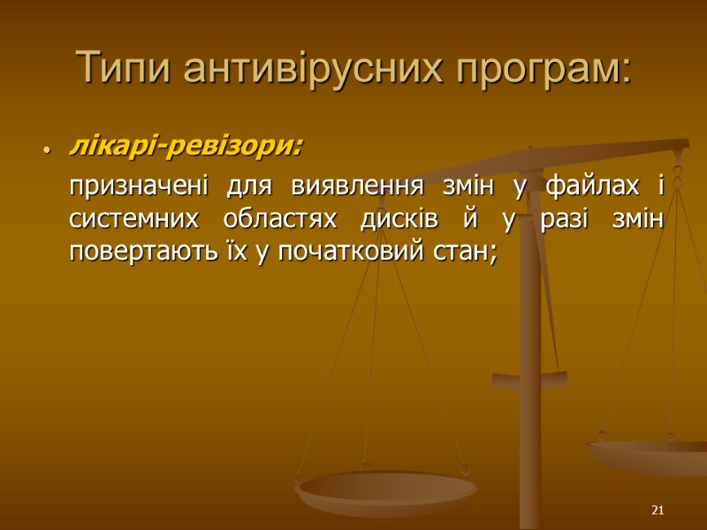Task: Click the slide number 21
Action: [x=656, y=511]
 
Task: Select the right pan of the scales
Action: [x=650, y=455]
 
